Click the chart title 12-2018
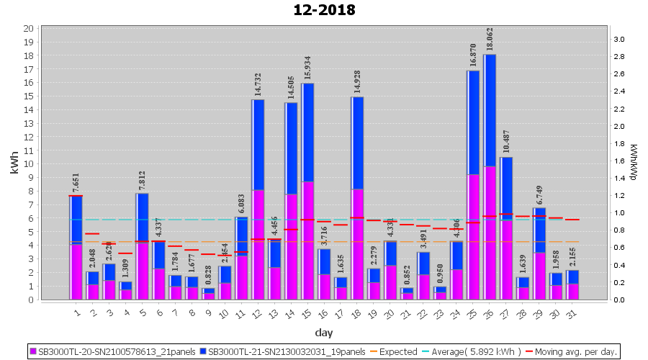(x=324, y=10)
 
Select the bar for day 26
(x=490, y=176)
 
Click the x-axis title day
(x=323, y=332)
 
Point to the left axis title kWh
(x=14, y=163)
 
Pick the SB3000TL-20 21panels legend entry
(x=112, y=352)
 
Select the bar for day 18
(x=357, y=198)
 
